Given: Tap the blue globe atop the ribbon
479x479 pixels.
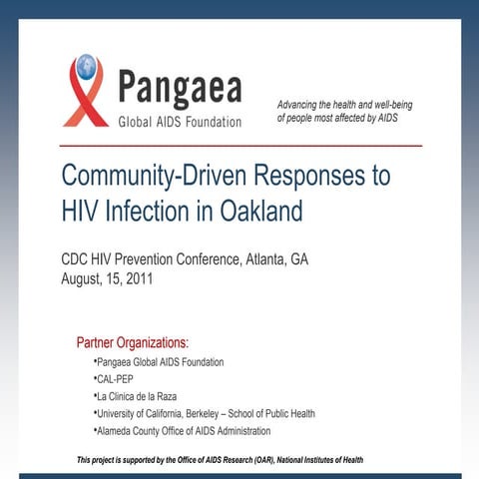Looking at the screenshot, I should coord(86,67).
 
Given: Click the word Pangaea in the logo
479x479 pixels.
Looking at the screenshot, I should coord(180,89).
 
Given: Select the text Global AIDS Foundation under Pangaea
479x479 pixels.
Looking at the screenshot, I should coord(180,122).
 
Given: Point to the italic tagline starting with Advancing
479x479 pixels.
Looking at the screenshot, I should coord(344,111).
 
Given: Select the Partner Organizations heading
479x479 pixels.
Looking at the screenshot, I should coord(133,343).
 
